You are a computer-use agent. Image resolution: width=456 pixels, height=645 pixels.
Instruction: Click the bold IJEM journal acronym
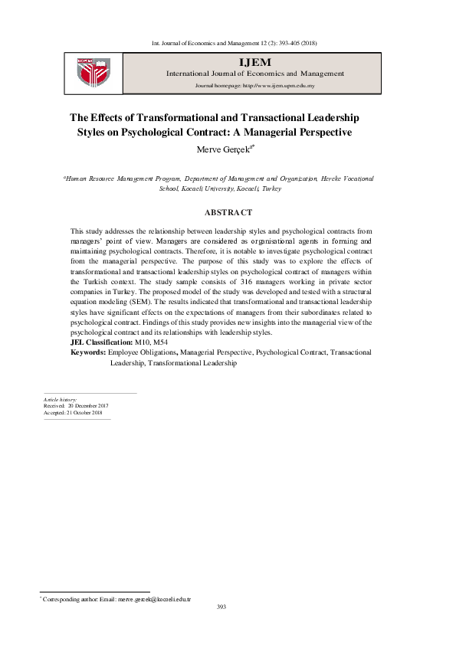[x=255, y=61]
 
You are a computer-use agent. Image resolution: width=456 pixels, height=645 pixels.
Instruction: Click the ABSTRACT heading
[x=228, y=211]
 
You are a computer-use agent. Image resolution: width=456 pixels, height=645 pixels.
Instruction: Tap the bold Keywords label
[x=88, y=352]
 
